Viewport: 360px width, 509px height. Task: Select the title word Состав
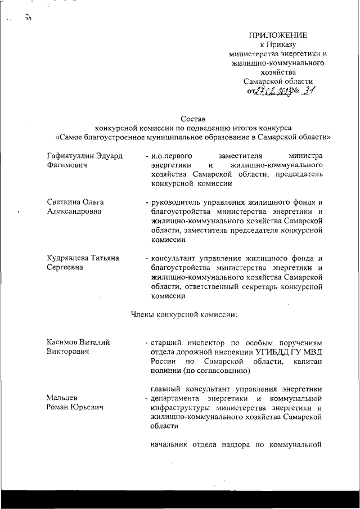(193, 119)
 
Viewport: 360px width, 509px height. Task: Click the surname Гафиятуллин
(74, 154)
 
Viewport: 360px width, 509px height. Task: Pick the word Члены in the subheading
(143, 314)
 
